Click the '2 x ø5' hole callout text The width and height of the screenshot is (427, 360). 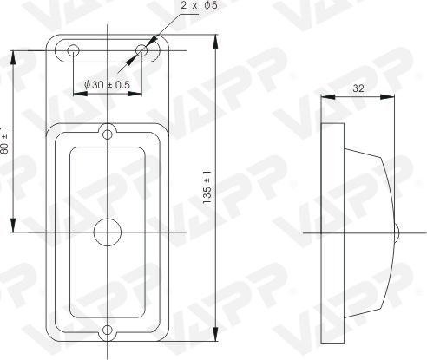(x=199, y=5)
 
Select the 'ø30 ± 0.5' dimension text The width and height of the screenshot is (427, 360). (x=107, y=85)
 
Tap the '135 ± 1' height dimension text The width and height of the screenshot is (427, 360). (x=207, y=187)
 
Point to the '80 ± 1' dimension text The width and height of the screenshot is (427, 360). (x=4, y=141)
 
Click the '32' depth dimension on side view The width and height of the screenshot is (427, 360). (x=358, y=88)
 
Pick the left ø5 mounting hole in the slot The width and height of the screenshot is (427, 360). (x=73, y=50)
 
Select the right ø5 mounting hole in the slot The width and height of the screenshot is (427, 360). (x=141, y=50)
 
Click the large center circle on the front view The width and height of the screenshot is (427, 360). (x=108, y=232)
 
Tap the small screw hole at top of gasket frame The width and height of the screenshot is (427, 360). (x=108, y=134)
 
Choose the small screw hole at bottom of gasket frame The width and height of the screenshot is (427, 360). (x=108, y=330)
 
